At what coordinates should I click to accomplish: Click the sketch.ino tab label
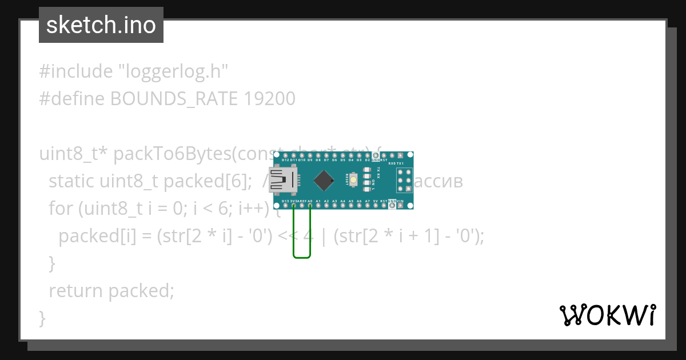point(101,25)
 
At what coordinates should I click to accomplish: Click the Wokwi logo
point(607,315)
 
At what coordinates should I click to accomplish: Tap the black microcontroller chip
point(324,181)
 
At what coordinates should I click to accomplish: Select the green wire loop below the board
point(302,257)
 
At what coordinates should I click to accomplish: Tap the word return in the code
point(76,291)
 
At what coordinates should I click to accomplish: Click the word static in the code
point(72,181)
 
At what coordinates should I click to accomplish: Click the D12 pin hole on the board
point(285,155)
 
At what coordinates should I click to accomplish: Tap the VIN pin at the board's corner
point(400,205)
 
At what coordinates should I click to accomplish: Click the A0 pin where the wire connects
point(310,205)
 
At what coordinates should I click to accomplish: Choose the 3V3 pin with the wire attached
point(293,205)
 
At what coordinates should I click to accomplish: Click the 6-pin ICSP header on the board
point(405,180)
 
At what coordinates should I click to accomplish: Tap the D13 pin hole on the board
point(285,205)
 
